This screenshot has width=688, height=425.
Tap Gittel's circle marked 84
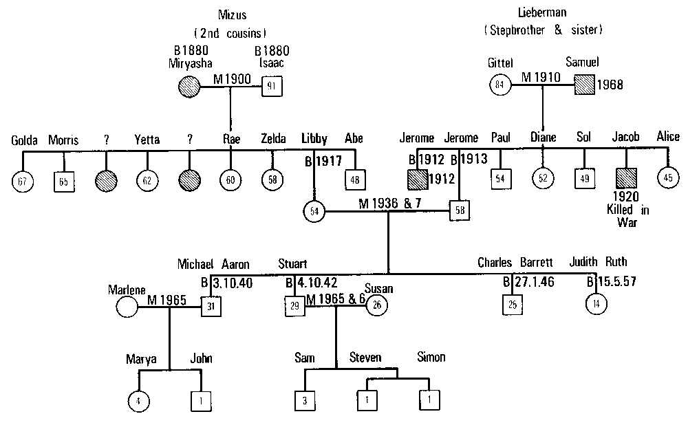tap(500, 85)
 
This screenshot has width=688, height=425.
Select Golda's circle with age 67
tap(23, 180)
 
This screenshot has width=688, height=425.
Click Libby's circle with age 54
tap(314, 210)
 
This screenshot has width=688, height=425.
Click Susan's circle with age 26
tap(376, 305)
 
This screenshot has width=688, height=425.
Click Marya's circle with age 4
tap(139, 400)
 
